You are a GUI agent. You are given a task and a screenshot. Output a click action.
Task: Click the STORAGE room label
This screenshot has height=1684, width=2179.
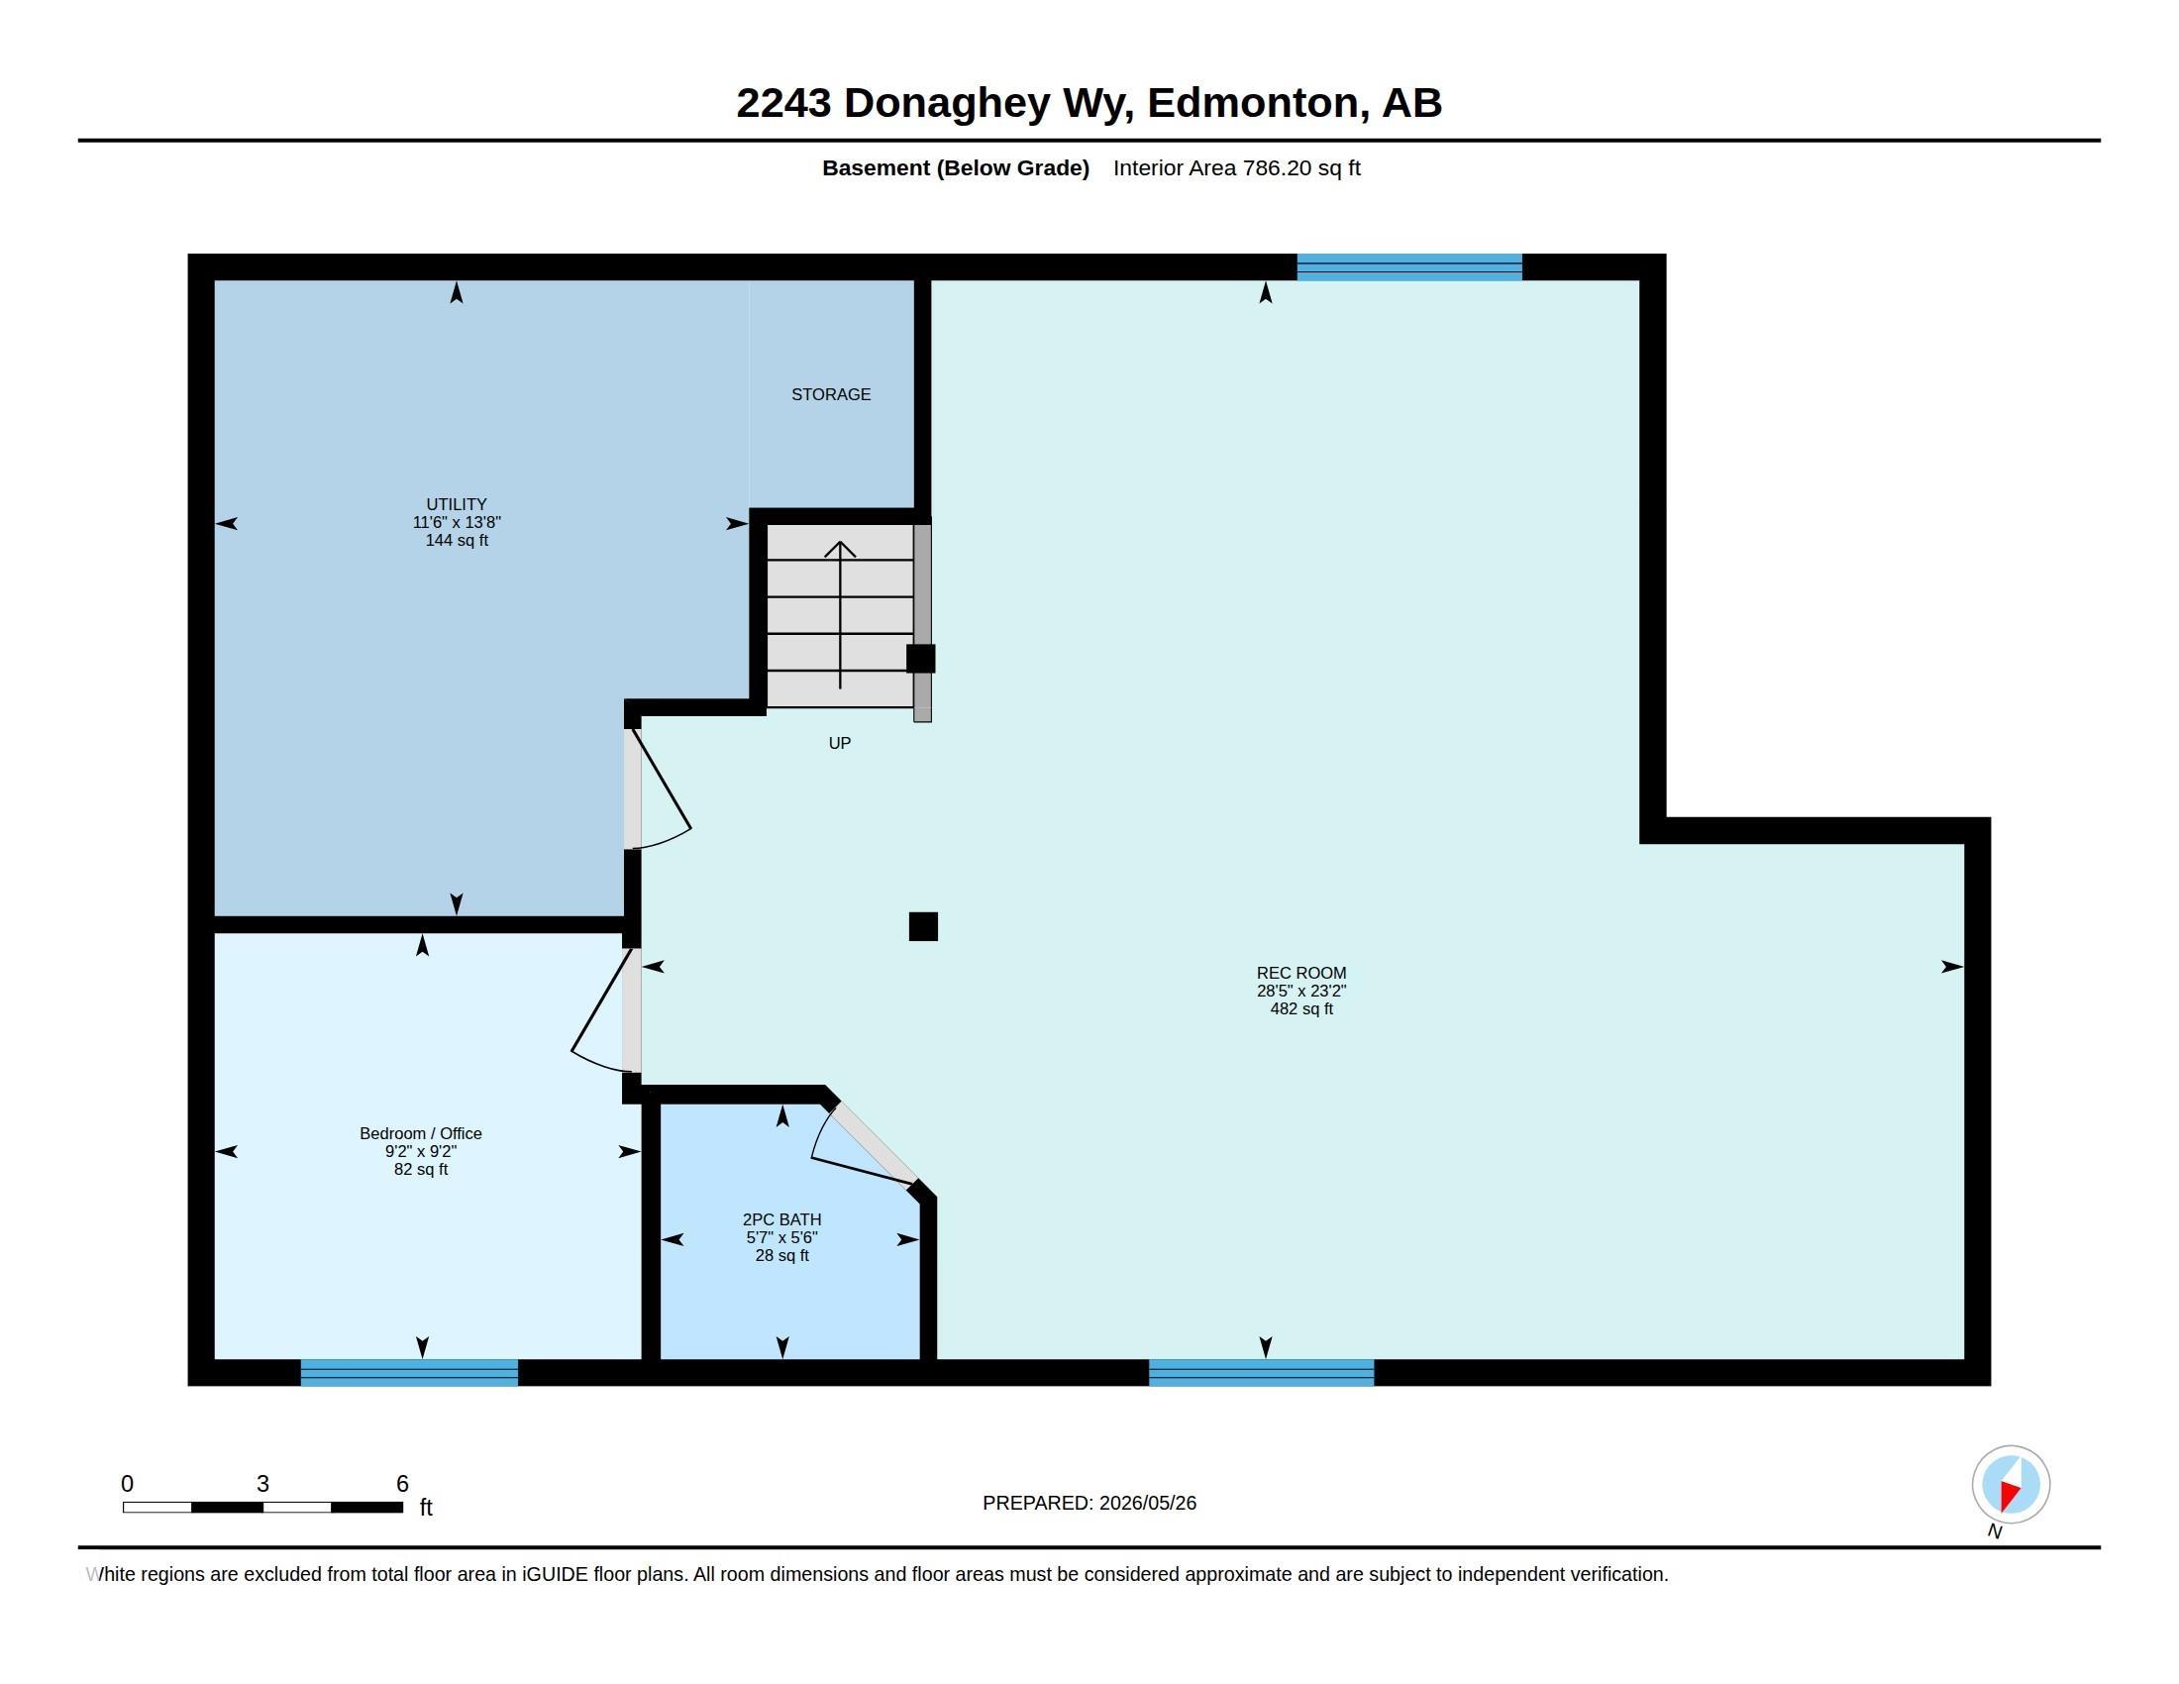(x=830, y=395)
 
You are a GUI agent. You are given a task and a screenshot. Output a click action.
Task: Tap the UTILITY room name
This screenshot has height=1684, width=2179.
(x=456, y=505)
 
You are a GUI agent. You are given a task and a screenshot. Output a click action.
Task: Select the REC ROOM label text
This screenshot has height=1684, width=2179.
(x=1301, y=973)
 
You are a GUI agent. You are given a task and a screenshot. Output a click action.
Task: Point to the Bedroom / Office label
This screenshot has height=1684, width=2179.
(x=420, y=1133)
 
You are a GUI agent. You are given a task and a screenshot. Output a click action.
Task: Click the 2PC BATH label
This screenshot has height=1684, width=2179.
(x=781, y=1219)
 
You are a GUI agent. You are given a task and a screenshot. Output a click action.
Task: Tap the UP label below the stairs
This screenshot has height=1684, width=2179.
(x=839, y=743)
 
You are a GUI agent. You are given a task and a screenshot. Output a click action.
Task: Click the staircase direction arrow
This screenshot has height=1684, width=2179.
(x=840, y=614)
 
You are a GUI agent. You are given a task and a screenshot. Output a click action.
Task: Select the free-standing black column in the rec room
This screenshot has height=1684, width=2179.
(x=923, y=927)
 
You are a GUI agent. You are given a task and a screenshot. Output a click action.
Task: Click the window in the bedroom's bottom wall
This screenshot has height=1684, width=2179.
(x=409, y=1373)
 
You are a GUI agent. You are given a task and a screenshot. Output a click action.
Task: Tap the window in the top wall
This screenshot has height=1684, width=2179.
(x=1408, y=267)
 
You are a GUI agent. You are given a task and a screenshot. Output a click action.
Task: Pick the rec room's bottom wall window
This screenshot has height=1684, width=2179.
(x=1261, y=1373)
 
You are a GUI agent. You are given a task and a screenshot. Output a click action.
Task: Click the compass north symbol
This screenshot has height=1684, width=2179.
(x=2011, y=1485)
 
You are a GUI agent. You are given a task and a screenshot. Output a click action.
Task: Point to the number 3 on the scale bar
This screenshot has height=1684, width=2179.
(x=262, y=1484)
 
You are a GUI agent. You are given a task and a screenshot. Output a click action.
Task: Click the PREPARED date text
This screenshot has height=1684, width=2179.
(x=1089, y=1503)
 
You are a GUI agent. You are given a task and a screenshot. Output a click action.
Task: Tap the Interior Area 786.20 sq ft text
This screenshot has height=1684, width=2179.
(x=1236, y=167)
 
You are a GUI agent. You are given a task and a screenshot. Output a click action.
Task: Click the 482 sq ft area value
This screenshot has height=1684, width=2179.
(x=1301, y=1008)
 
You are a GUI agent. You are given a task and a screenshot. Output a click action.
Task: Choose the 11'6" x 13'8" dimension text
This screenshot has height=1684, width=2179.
(x=456, y=523)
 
